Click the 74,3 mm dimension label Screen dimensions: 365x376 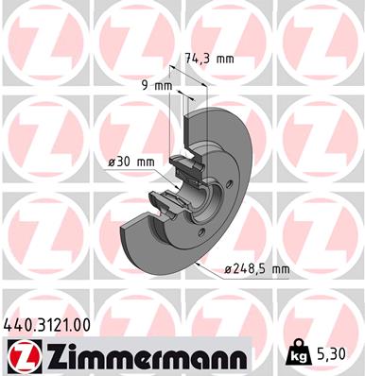point(209,59)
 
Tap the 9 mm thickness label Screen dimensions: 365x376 point(157,85)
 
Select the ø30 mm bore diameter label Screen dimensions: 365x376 point(131,162)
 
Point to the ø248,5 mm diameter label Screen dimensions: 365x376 point(256,269)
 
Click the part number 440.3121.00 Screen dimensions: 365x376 point(46,325)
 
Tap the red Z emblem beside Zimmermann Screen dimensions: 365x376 point(24,356)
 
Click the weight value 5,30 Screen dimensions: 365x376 point(330,353)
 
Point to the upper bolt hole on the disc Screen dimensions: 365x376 point(230,183)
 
